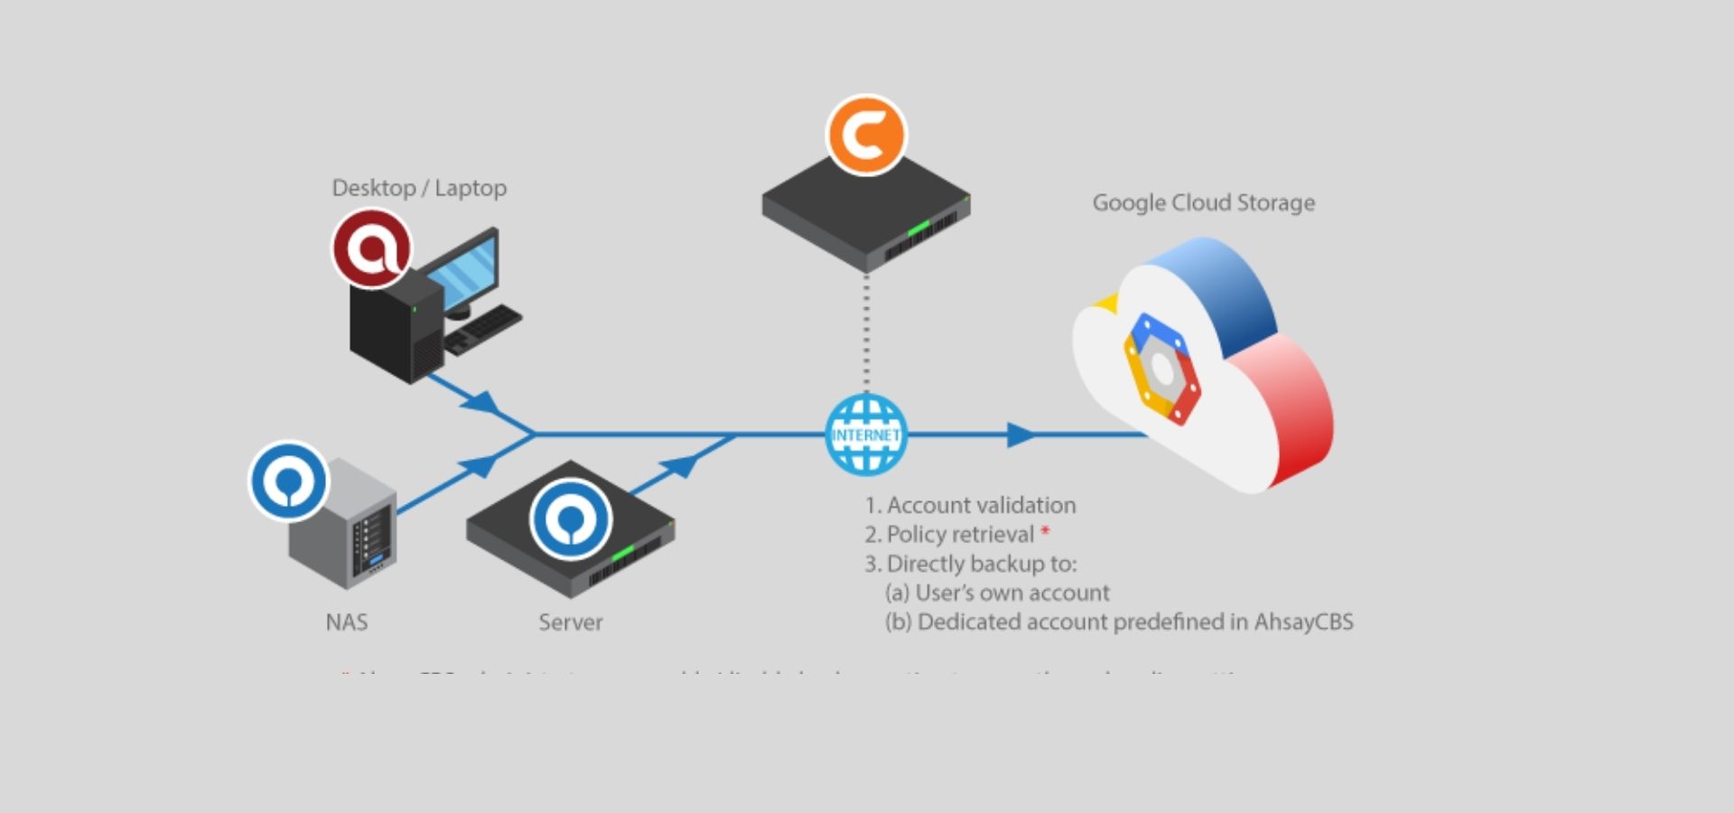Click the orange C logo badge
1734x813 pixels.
tap(866, 135)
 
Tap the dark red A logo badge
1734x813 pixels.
tap(371, 248)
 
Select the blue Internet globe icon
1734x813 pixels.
tap(866, 435)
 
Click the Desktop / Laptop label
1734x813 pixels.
tap(419, 188)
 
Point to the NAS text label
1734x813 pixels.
tap(347, 622)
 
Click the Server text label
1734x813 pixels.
tap(570, 622)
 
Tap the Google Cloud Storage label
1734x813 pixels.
tap(1203, 202)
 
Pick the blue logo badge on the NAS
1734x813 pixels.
tap(288, 481)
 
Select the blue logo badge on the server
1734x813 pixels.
tap(571, 519)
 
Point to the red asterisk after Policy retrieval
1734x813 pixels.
tap(1045, 532)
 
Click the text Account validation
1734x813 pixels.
tap(981, 505)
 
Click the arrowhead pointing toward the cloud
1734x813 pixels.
tap(1021, 435)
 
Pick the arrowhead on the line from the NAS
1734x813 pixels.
tap(480, 466)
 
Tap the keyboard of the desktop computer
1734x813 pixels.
tap(484, 327)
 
